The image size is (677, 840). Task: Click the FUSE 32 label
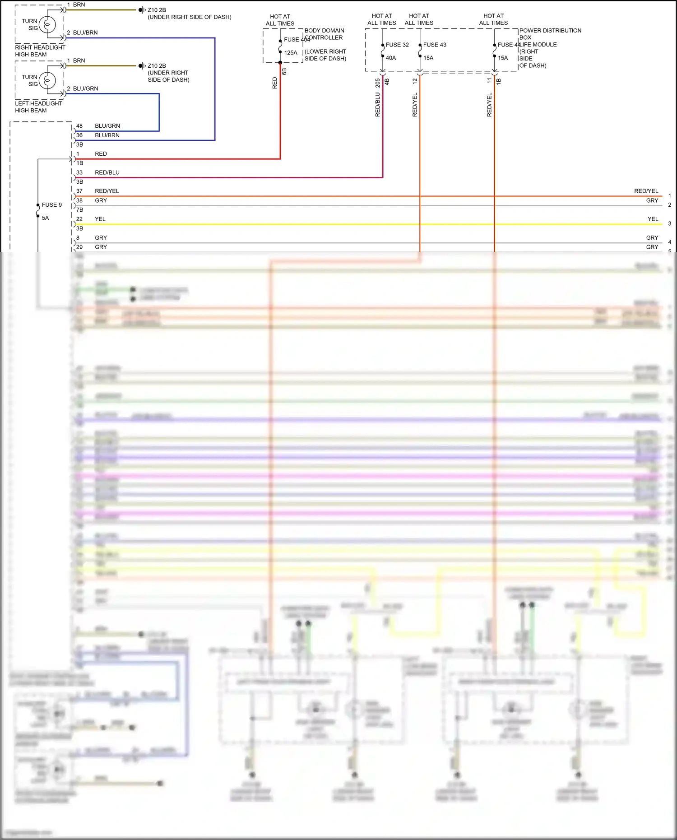(x=397, y=45)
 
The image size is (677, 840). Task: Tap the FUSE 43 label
(x=435, y=45)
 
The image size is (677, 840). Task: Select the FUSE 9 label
(x=52, y=205)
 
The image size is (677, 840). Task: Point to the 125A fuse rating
(x=291, y=53)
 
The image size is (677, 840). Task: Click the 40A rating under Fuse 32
(x=391, y=58)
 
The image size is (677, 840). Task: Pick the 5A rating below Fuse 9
(x=46, y=218)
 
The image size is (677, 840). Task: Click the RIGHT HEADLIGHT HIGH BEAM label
(x=40, y=51)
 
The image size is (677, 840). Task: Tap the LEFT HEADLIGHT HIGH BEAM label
(x=38, y=107)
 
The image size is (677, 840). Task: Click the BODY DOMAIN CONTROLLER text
(x=324, y=34)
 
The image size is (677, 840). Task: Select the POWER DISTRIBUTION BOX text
(x=550, y=34)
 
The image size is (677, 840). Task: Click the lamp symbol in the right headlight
(x=47, y=25)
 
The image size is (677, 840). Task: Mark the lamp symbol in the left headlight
(x=47, y=81)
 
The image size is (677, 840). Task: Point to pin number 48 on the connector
(x=79, y=126)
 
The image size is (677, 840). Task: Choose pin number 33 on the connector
(x=79, y=172)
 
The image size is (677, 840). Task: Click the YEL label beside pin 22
(x=100, y=219)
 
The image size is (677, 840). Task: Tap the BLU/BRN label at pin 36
(x=107, y=135)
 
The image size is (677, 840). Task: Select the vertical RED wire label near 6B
(x=275, y=83)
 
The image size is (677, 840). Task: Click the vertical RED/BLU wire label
(x=378, y=105)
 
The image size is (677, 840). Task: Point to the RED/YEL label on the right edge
(x=646, y=191)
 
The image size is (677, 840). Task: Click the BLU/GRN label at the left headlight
(x=85, y=88)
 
